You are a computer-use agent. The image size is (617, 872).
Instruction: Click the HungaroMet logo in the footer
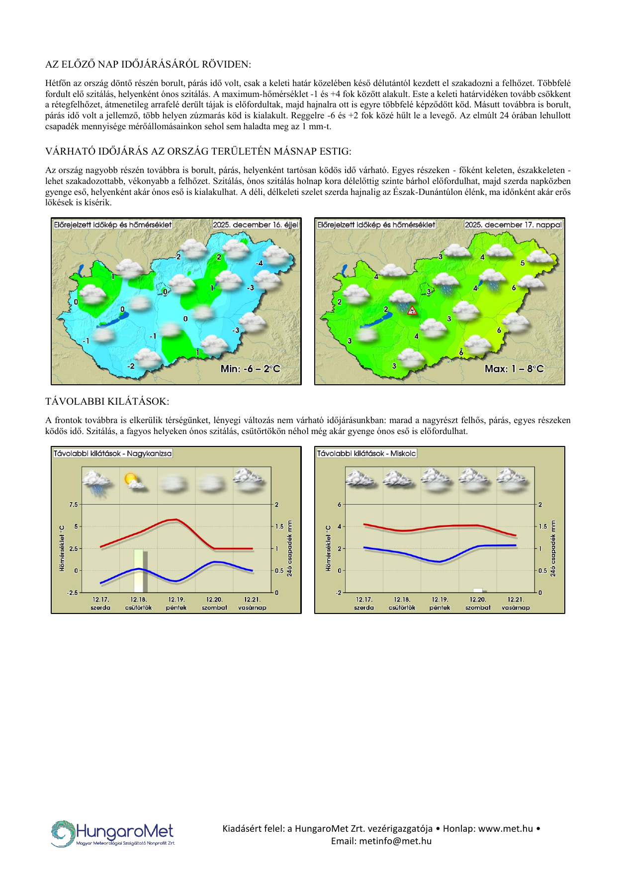tap(113, 833)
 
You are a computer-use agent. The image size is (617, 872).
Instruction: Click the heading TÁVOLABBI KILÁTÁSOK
tap(107, 401)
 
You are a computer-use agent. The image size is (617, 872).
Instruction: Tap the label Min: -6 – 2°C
tap(250, 369)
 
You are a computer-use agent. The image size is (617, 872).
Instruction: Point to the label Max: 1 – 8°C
tap(514, 369)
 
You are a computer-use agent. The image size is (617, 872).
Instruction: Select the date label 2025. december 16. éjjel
tap(256, 225)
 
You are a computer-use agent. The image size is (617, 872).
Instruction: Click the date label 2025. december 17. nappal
tap(513, 225)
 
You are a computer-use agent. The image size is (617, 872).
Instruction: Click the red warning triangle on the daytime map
tap(412, 310)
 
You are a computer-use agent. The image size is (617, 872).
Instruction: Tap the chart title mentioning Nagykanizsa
tap(112, 453)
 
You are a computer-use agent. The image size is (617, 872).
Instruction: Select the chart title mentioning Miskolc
tap(366, 453)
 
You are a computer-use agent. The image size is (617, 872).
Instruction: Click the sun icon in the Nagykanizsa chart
tap(131, 479)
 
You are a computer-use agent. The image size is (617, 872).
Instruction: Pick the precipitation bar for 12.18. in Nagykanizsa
tap(139, 571)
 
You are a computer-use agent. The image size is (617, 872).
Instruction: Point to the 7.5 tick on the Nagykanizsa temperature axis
tap(73, 505)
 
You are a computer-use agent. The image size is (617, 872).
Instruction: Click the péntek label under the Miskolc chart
tap(440, 608)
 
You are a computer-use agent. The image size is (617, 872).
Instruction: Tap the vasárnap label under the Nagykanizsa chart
tap(252, 608)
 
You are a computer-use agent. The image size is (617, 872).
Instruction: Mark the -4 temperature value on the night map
tap(259, 263)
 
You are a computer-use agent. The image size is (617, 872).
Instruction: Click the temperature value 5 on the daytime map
tap(522, 263)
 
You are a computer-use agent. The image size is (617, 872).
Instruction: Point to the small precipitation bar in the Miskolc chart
tap(478, 590)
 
